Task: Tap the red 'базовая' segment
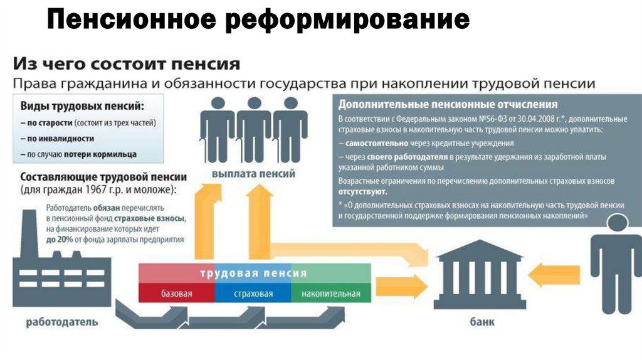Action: click(176, 294)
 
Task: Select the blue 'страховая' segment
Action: click(253, 294)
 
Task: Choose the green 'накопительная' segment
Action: click(330, 294)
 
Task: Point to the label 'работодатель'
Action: click(61, 322)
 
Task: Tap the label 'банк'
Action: click(481, 322)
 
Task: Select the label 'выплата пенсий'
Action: click(253, 173)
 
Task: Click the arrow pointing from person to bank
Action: click(549, 274)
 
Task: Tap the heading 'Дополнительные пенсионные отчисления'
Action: click(448, 104)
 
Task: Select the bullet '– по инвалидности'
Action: click(57, 138)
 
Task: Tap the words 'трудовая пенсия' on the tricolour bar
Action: click(253, 273)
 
